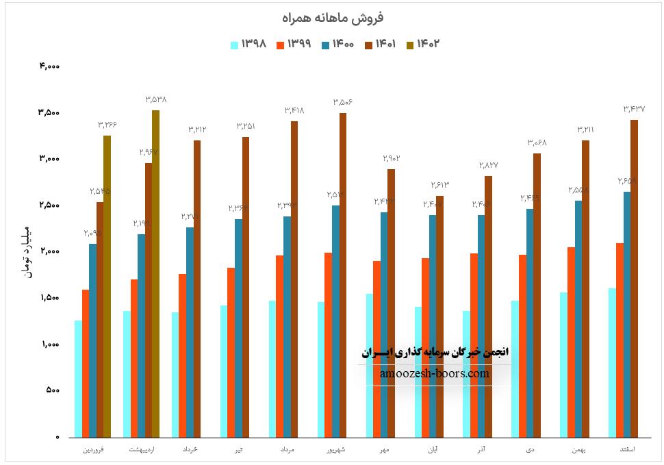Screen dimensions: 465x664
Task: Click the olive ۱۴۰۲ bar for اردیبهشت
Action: coord(155,274)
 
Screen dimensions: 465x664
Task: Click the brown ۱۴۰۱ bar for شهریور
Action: coord(343,275)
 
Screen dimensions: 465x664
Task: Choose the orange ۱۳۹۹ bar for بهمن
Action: coord(571,342)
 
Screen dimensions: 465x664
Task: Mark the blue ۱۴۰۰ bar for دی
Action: coord(530,323)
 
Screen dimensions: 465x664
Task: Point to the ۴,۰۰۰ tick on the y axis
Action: coord(50,66)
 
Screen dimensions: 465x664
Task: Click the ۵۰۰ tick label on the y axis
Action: coord(53,390)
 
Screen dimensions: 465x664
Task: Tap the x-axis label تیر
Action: coord(239,450)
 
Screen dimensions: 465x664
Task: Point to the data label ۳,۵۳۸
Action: coord(156,99)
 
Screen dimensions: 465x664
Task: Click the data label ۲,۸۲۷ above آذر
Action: coord(488,165)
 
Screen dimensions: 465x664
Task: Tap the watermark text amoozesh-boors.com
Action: coord(435,374)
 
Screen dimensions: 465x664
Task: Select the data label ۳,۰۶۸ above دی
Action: coord(537,142)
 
